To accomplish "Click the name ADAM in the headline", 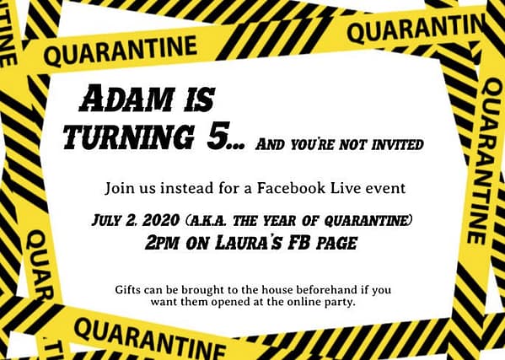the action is click(127, 98).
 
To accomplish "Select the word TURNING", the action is click(128, 137).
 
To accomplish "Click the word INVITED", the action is click(397, 145).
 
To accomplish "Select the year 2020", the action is click(161, 221).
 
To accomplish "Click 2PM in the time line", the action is click(162, 243).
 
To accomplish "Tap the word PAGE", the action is click(337, 244).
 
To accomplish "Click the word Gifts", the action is click(127, 290).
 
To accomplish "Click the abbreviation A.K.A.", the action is click(209, 221).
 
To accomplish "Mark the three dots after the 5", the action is click(239, 147).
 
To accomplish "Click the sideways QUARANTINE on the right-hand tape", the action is click(487, 161).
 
